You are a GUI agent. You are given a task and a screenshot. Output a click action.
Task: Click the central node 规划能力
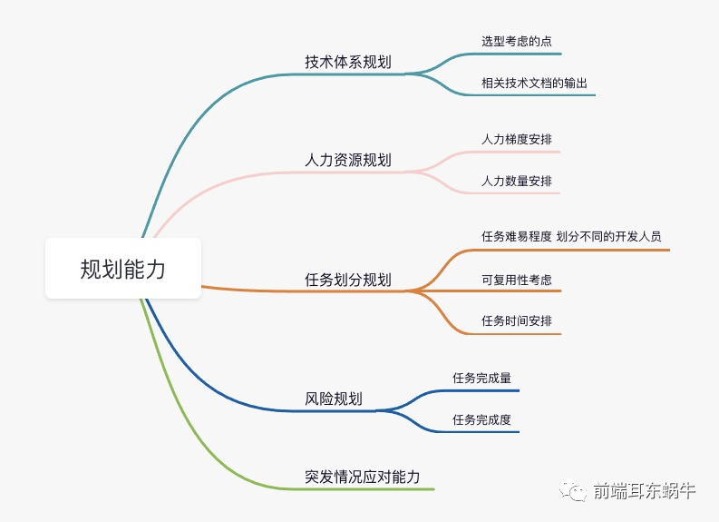[123, 269]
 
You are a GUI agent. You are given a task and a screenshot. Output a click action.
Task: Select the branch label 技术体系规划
[348, 62]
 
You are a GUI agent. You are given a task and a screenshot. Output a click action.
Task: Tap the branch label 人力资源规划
[348, 160]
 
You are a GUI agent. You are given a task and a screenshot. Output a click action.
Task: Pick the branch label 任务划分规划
[348, 279]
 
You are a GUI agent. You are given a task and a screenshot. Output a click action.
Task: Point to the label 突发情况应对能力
[362, 476]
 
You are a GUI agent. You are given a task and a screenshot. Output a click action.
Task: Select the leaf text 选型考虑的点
[516, 41]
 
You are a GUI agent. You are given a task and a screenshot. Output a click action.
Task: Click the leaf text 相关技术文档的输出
[535, 83]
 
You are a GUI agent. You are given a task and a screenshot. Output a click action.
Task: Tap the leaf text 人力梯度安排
[516, 140]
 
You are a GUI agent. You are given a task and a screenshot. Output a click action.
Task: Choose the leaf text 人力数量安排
[516, 181]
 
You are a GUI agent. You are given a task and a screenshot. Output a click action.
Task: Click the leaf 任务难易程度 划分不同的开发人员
[571, 236]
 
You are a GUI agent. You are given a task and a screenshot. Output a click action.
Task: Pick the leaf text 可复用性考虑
[516, 280]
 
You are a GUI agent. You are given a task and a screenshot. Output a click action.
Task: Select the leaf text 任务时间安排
[516, 320]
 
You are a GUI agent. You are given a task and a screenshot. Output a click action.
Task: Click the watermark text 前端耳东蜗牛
[645, 491]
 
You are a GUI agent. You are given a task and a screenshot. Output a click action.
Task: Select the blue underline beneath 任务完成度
[481, 431]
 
